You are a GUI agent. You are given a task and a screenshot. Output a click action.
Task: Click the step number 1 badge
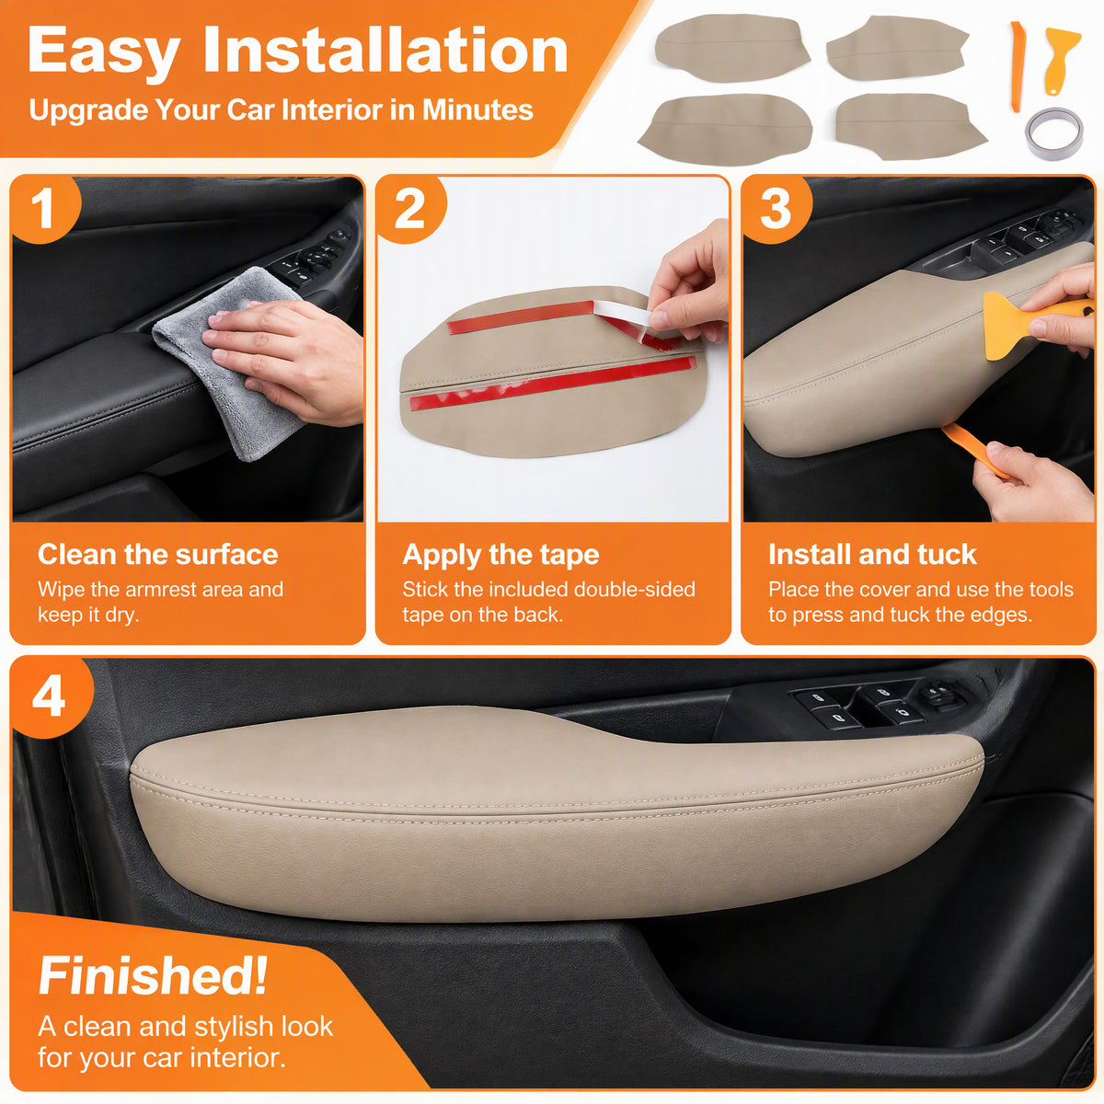click(x=43, y=209)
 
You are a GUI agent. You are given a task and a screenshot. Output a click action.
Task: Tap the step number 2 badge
click(x=409, y=209)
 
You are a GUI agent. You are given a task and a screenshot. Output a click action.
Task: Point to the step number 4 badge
click(x=50, y=697)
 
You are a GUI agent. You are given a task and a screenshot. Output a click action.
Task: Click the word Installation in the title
click(x=385, y=52)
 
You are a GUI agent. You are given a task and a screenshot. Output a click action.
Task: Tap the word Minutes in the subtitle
click(x=477, y=109)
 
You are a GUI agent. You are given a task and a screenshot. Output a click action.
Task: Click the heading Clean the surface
click(x=157, y=554)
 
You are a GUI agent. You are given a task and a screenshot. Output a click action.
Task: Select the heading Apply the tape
click(x=500, y=555)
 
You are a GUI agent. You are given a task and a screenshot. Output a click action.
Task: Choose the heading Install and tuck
click(x=872, y=554)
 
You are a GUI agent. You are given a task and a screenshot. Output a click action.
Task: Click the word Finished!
click(x=153, y=976)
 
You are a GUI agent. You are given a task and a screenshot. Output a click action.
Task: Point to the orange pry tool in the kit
click(x=1017, y=66)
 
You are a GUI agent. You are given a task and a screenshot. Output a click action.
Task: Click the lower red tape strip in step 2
click(x=553, y=383)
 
